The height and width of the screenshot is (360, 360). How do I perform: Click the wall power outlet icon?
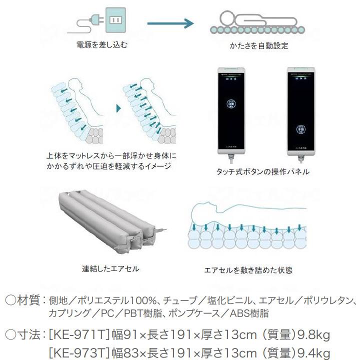pyautogui.click(x=115, y=20)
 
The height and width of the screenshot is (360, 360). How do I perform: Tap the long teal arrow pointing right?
pyautogui.click(x=170, y=23)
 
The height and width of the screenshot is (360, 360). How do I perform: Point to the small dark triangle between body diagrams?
pyautogui.click(x=118, y=107)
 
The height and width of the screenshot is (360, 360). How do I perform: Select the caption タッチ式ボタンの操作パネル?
pyautogui.click(x=263, y=171)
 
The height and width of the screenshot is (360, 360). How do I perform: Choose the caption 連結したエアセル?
pyautogui.click(x=110, y=268)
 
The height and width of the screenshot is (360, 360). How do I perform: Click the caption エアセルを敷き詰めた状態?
pyautogui.click(x=248, y=270)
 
